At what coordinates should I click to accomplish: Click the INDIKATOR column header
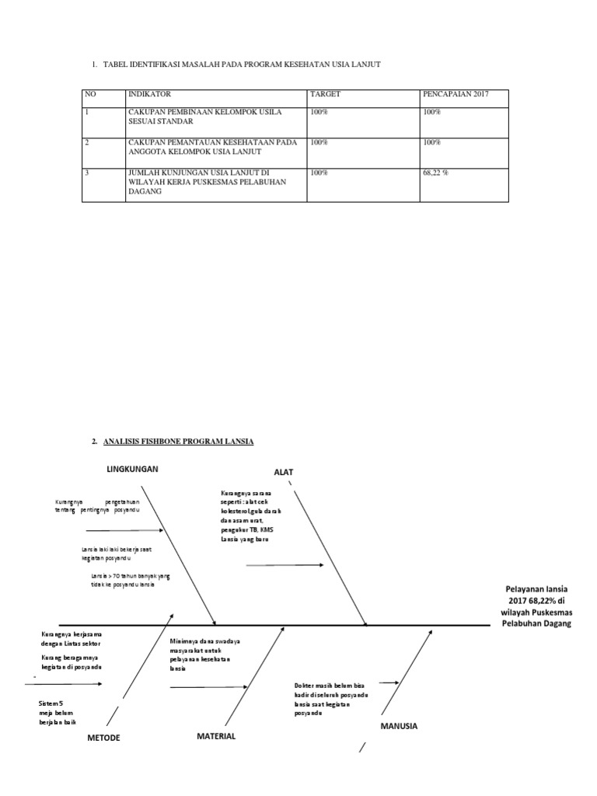click(x=149, y=94)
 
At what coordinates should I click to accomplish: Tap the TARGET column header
click(x=325, y=94)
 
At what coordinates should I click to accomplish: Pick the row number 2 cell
click(x=88, y=142)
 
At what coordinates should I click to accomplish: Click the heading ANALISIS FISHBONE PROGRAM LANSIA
click(x=178, y=442)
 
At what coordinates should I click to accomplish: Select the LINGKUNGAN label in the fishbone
click(x=133, y=470)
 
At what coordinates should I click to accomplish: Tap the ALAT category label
click(x=284, y=472)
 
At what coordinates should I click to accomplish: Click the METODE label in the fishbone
click(x=103, y=738)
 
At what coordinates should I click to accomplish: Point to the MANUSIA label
click(x=399, y=726)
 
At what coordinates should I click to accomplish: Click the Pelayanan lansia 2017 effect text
click(x=536, y=606)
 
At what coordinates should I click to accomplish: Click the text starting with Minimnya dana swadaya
click(x=204, y=654)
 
